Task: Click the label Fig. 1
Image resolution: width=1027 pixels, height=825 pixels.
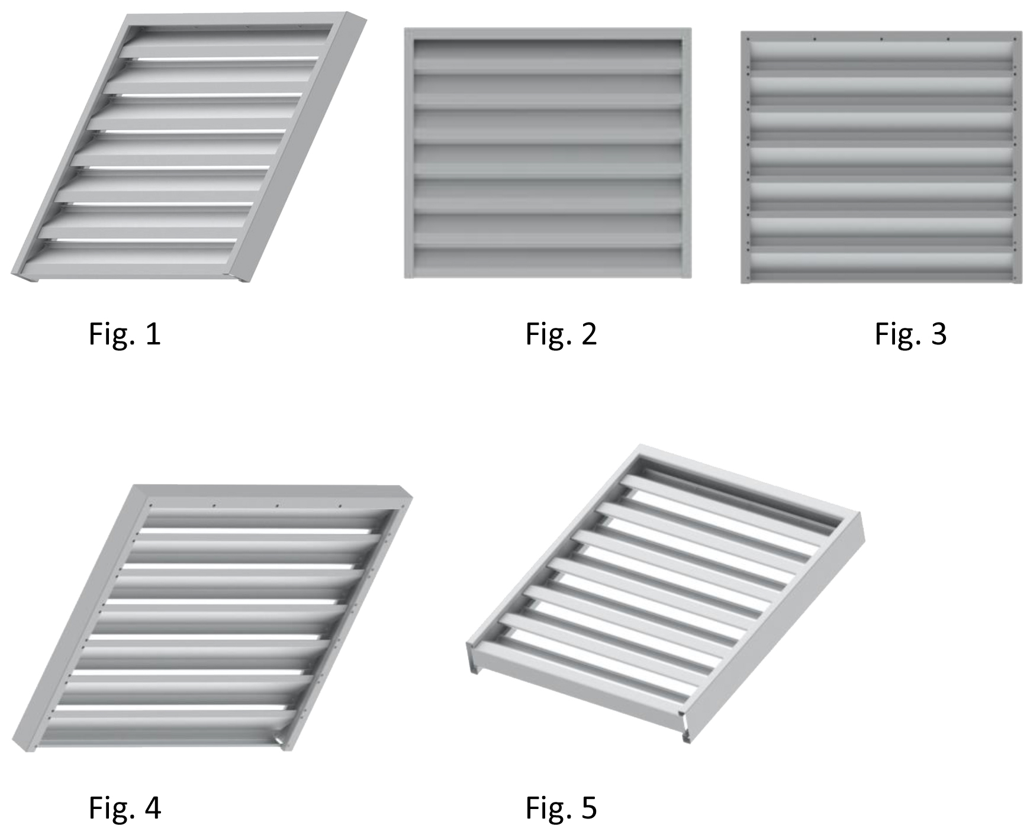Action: tap(125, 334)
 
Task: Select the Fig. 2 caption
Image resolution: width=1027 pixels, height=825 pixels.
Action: tap(561, 334)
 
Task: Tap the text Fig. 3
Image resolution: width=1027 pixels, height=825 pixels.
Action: tap(911, 334)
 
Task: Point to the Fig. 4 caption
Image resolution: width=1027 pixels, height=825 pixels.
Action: tap(125, 807)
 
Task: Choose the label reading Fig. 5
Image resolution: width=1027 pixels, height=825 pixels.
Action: tap(561, 807)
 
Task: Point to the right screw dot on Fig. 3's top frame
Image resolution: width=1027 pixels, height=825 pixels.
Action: tap(948, 39)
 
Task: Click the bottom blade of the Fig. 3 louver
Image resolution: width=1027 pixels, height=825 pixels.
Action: tap(881, 261)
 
